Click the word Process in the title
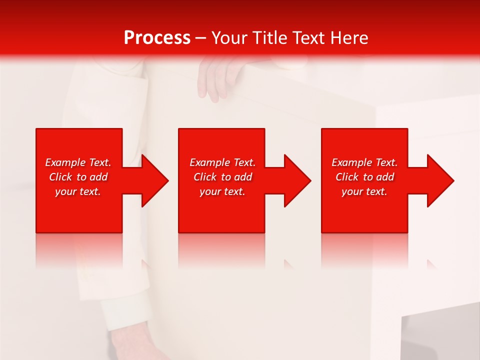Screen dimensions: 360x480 tap(157, 38)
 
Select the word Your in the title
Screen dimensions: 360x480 tap(230, 38)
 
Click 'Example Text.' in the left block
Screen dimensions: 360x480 tap(78, 162)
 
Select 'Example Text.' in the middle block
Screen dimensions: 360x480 tap(222, 162)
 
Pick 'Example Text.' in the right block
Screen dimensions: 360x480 tap(364, 162)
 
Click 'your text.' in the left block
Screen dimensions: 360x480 tap(78, 191)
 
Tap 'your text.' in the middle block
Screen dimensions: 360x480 tap(222, 191)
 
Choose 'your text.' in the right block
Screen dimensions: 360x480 tap(364, 191)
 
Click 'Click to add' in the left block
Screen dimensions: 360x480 tap(78, 177)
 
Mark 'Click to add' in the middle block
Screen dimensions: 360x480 tap(222, 177)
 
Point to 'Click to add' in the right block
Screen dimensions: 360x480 tap(364, 177)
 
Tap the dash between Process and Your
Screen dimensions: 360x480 tap(200, 38)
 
